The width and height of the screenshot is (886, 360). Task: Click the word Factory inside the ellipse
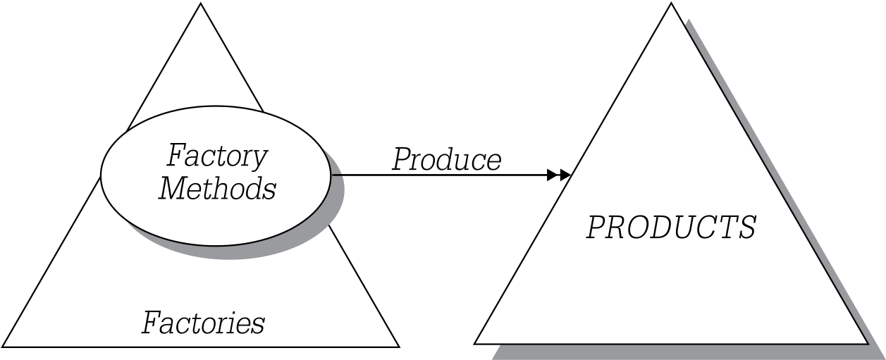tap(217, 157)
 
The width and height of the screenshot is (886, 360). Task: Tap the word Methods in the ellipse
tap(217, 188)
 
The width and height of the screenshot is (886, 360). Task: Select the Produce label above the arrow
tap(447, 160)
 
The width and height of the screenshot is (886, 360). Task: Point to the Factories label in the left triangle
tap(203, 323)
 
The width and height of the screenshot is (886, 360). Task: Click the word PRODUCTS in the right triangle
tap(671, 228)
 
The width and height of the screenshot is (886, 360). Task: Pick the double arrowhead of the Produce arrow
tap(558, 175)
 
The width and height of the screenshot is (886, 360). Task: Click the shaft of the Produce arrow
tap(439, 175)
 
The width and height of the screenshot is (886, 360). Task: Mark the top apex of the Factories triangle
tap(201, 3)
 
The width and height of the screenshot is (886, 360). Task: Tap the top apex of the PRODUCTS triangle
tap(671, 3)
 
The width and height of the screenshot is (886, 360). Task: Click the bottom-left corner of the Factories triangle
tap(2, 347)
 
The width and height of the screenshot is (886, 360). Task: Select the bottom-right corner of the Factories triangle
tap(399, 347)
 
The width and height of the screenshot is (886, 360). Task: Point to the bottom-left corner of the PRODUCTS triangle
tap(474, 344)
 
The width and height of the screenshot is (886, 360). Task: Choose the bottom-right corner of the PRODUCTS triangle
tap(868, 344)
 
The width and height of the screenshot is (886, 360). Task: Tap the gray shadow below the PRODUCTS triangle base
tap(680, 352)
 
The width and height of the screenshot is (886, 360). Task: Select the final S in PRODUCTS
tap(745, 228)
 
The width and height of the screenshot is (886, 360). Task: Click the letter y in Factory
tap(259, 161)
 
